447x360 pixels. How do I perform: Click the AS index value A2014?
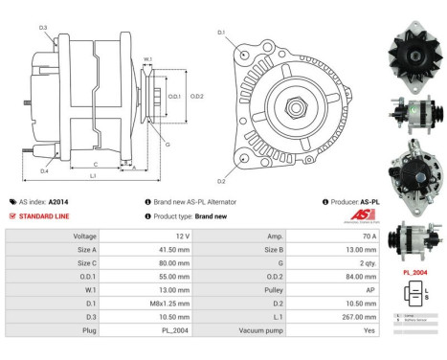[58, 202]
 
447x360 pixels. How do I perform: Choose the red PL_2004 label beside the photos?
[413, 273]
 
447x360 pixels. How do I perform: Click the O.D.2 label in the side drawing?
[196, 96]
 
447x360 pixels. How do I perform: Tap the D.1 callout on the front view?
[221, 34]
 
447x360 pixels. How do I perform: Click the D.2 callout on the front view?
[221, 180]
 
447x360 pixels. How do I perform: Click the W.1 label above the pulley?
[148, 59]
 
